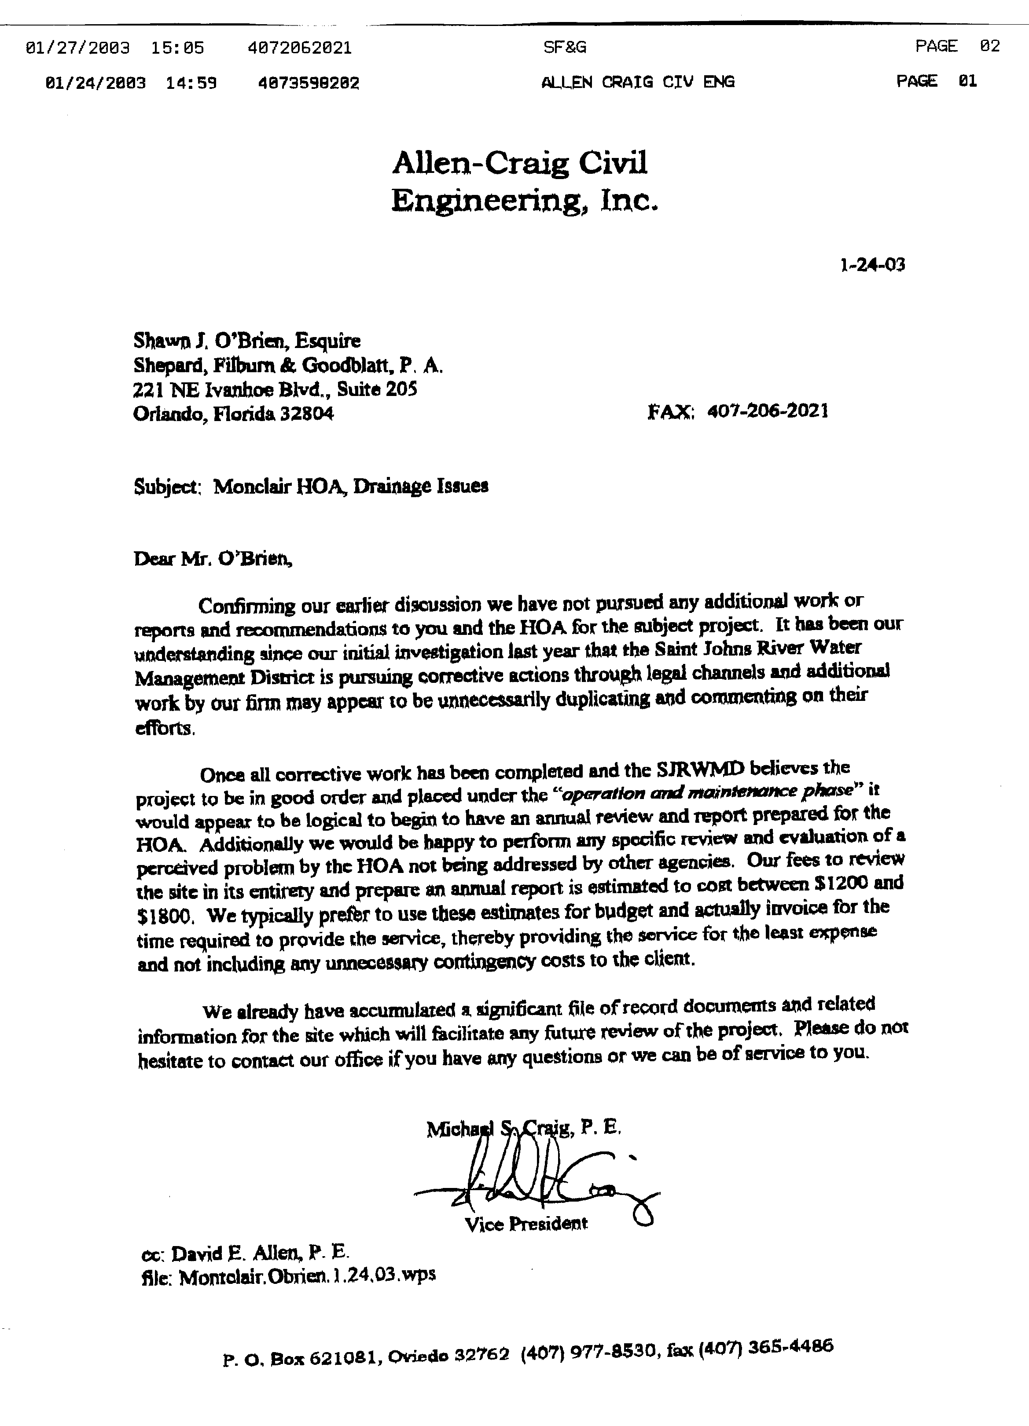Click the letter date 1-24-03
click(872, 265)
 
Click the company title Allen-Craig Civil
click(519, 163)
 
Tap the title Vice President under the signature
click(526, 1224)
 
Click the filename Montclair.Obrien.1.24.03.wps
click(307, 1276)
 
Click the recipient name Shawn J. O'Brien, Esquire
click(246, 341)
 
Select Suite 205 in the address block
click(377, 389)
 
